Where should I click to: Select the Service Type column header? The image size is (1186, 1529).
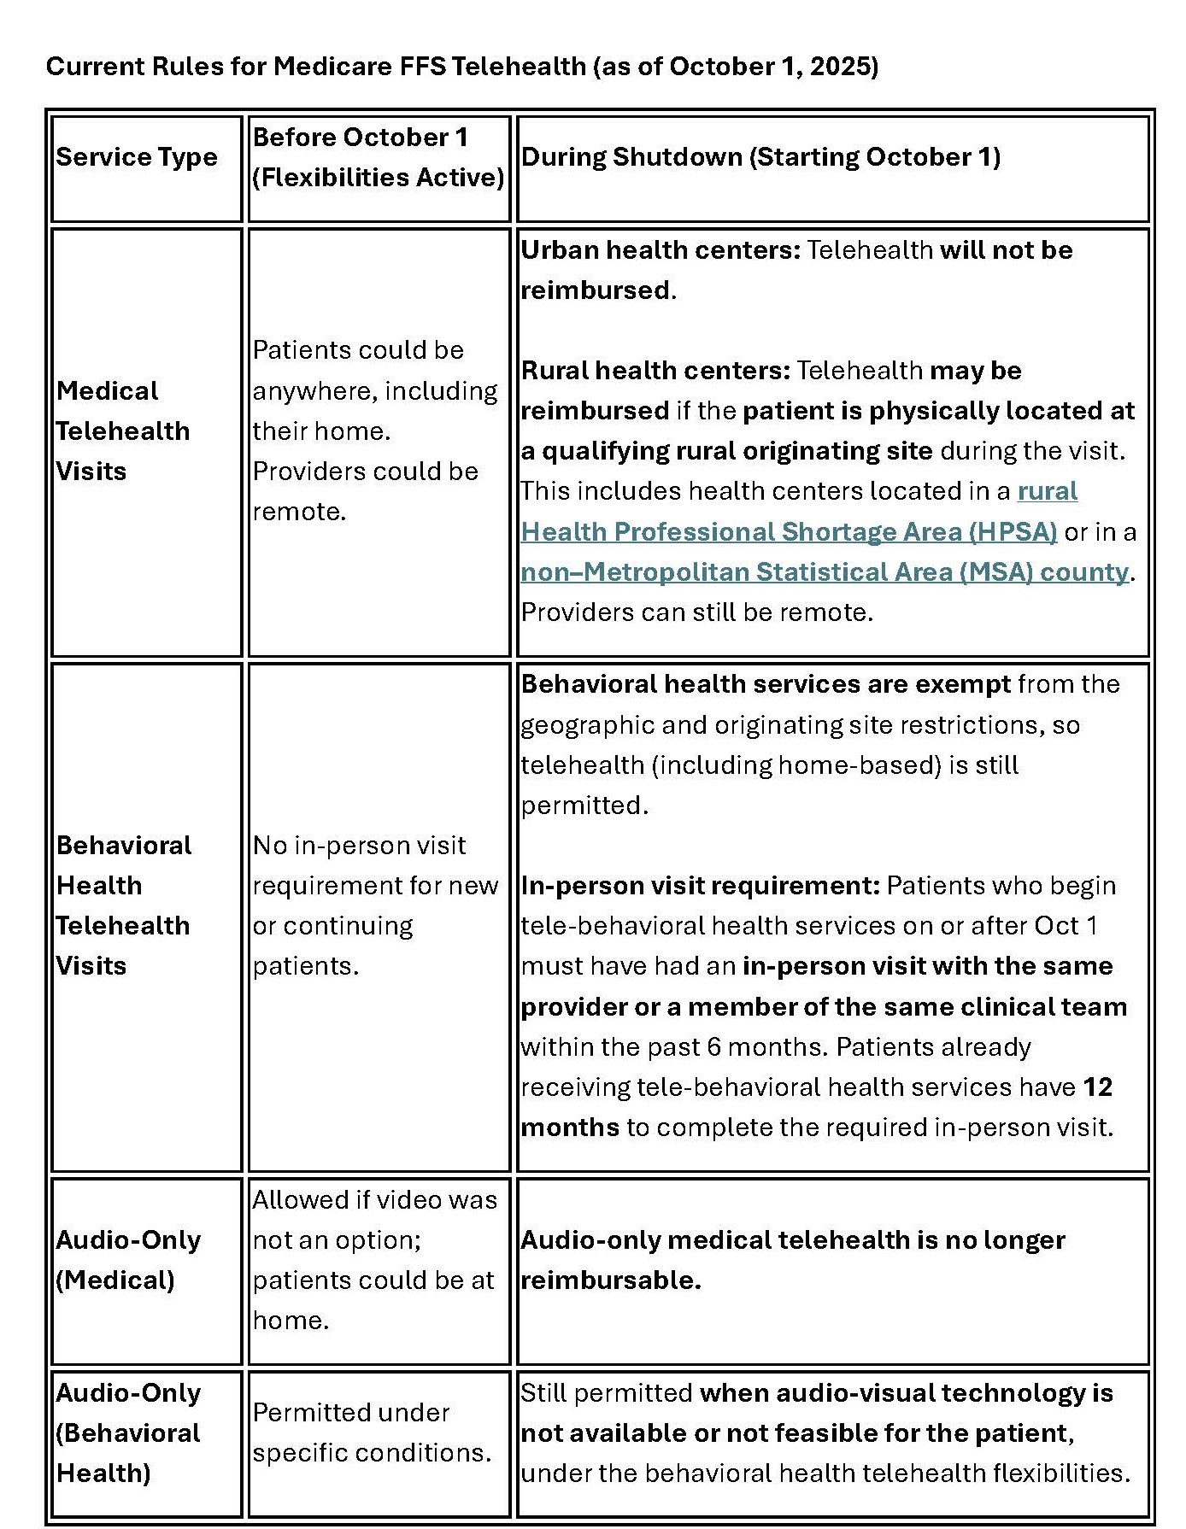[137, 157]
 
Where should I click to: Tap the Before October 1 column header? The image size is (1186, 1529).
[360, 138]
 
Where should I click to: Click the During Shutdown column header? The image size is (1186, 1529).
[760, 157]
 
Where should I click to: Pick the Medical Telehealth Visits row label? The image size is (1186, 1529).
[122, 431]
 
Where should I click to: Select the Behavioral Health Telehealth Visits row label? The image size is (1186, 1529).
[122, 905]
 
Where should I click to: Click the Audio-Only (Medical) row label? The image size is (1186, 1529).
[128, 1260]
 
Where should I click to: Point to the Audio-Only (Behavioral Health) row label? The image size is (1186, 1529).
[128, 1432]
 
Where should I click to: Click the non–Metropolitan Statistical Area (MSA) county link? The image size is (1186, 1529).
[825, 572]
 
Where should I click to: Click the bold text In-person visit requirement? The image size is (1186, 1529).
[700, 886]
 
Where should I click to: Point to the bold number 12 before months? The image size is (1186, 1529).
[1097, 1087]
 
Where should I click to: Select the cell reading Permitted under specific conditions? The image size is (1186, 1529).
[372, 1432]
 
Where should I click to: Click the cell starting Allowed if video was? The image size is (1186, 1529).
[374, 1260]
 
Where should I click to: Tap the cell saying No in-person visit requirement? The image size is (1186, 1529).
[374, 905]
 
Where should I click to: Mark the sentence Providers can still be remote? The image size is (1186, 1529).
[696, 612]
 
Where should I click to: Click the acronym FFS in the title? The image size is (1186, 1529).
[423, 67]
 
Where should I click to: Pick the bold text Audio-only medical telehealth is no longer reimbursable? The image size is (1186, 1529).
[792, 1260]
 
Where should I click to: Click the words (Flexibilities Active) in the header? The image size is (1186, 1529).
[379, 178]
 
